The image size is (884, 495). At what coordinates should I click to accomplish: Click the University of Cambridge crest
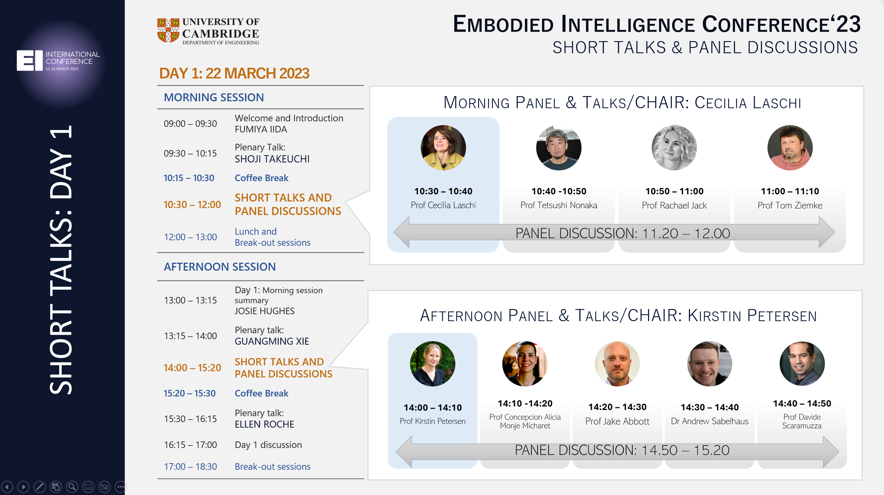[168, 30]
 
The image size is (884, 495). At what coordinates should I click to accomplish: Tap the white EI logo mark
[30, 60]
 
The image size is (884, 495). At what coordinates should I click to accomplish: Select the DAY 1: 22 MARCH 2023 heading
[234, 73]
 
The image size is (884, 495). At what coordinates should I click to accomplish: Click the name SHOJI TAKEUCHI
[272, 159]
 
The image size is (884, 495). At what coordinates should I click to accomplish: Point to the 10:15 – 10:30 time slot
[189, 178]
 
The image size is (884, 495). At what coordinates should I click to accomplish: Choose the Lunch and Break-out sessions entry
[272, 237]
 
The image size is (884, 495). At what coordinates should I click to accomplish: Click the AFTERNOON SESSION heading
[220, 267]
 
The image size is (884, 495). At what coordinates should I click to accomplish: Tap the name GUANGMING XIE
[272, 341]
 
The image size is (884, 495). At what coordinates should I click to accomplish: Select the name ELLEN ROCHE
[264, 424]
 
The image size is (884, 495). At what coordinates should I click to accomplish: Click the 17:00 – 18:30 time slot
[190, 467]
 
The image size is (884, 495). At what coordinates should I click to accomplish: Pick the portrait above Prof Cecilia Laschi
[443, 148]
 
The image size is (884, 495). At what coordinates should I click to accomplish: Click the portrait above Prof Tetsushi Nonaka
[559, 148]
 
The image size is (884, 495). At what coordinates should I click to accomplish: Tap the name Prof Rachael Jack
[674, 205]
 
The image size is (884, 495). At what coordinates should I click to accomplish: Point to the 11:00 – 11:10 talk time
[790, 191]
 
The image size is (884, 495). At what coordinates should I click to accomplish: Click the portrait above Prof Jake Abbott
[617, 364]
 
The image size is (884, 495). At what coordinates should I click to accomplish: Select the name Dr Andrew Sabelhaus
[710, 421]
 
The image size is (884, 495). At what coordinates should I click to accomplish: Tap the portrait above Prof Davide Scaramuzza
[802, 364]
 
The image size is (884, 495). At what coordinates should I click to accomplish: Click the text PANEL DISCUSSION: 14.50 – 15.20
[622, 450]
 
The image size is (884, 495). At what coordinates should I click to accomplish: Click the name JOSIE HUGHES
[264, 311]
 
